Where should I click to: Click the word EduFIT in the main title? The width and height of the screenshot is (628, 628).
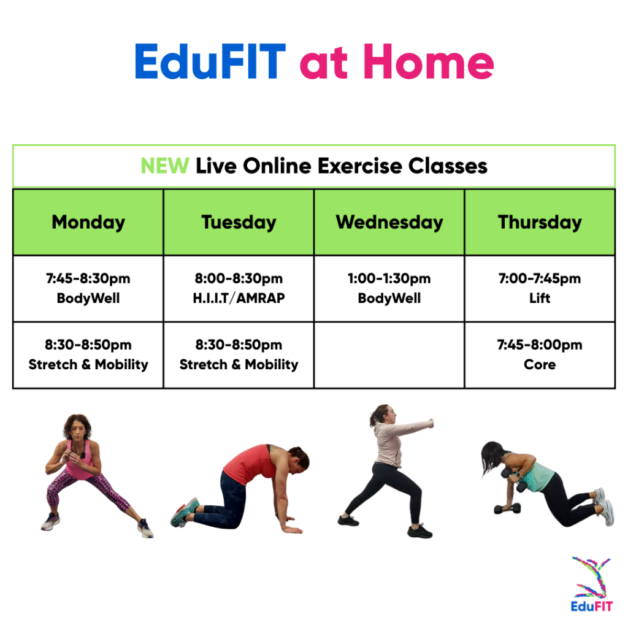click(x=210, y=61)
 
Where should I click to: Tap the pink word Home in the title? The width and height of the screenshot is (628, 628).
click(x=429, y=61)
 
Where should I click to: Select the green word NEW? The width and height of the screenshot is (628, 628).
click(x=164, y=166)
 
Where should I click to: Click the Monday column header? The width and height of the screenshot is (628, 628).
click(x=88, y=222)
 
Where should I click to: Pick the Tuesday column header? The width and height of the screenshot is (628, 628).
click(x=239, y=222)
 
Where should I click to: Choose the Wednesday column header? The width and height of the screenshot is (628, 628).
click(x=389, y=222)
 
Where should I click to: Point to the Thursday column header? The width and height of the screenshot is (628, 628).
click(x=540, y=222)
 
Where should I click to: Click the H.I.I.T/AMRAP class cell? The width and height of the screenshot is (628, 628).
click(x=239, y=289)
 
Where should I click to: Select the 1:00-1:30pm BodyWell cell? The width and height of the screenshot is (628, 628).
click(x=389, y=289)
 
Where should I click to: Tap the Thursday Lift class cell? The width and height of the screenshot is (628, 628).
click(x=540, y=289)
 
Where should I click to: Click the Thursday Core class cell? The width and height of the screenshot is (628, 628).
click(x=540, y=355)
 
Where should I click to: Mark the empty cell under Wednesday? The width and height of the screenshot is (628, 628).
click(x=389, y=355)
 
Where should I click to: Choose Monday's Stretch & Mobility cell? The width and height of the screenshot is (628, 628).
click(x=88, y=355)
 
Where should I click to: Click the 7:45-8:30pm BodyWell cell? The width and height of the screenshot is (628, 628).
click(x=88, y=289)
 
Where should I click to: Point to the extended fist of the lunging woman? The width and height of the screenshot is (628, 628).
click(x=431, y=423)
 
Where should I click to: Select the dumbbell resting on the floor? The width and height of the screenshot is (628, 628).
click(x=507, y=509)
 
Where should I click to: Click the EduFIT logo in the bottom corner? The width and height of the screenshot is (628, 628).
click(x=592, y=584)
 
